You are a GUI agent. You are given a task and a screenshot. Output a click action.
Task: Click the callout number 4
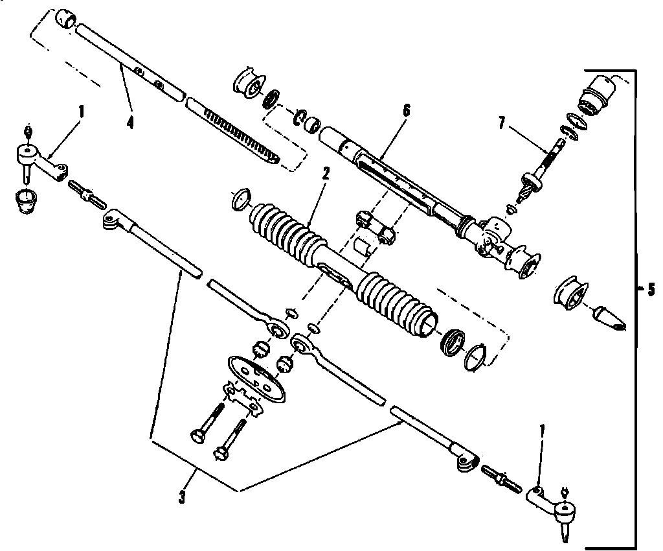[x=130, y=122]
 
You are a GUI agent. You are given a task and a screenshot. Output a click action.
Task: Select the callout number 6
[x=406, y=110]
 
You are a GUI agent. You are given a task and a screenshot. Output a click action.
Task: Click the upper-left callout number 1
[x=81, y=111]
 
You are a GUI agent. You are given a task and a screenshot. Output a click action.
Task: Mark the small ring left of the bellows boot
[x=240, y=198]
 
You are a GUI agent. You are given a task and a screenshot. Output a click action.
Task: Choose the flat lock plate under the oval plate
[x=243, y=397]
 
